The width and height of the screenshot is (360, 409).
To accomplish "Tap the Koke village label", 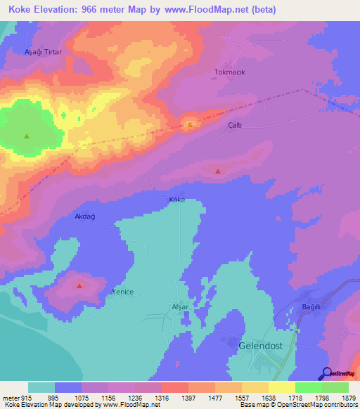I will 176,200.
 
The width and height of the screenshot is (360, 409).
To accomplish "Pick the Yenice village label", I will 122,291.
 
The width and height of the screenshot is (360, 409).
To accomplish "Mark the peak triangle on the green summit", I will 27,136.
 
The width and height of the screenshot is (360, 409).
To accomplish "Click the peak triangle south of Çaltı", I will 217,171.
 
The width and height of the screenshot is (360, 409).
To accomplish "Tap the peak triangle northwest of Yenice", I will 79,285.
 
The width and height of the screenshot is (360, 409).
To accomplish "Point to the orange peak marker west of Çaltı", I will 190,125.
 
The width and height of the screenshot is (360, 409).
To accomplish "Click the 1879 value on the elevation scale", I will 341,396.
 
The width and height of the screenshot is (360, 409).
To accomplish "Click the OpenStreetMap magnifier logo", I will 326,373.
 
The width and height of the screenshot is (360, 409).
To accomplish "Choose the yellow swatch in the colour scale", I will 281,387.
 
